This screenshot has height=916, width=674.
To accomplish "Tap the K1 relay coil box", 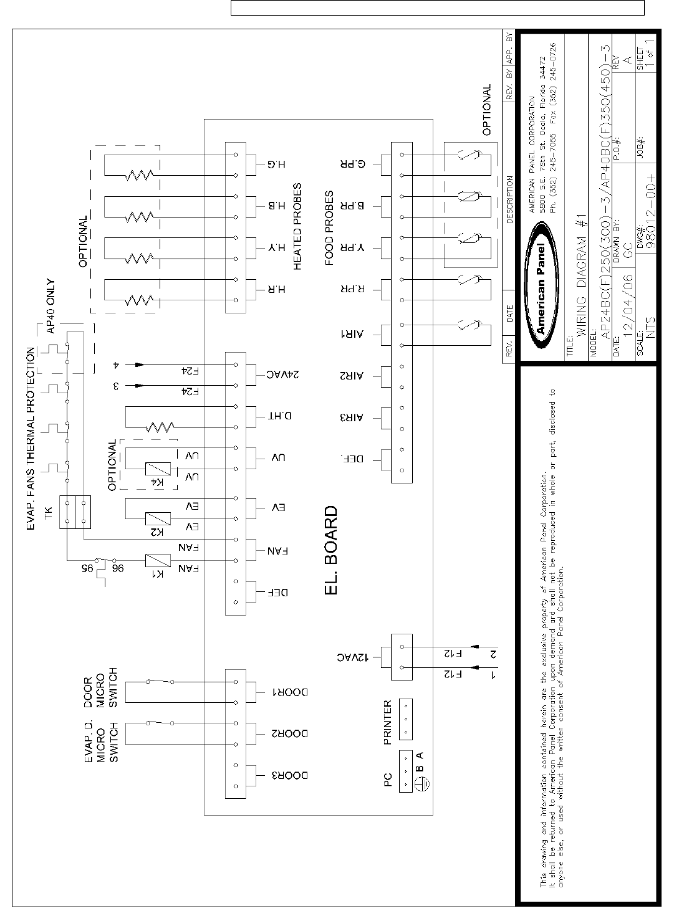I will (154, 560).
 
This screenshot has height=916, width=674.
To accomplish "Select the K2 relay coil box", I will (154, 518).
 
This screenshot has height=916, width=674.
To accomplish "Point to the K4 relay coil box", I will (154, 469).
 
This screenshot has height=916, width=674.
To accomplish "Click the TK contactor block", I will (75, 512).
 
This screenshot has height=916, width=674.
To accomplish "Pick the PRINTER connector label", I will (387, 722).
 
